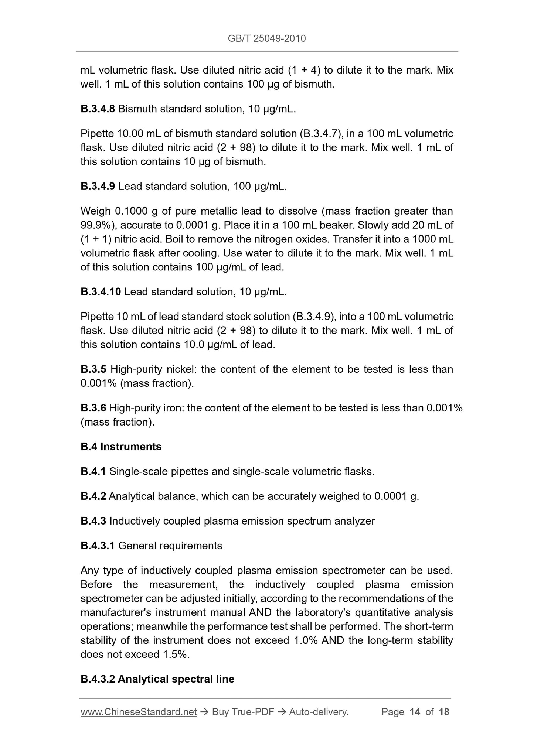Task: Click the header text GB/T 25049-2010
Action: point(267,38)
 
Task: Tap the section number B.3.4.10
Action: point(101,292)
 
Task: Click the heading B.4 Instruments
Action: point(121,447)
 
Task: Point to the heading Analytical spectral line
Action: point(176,679)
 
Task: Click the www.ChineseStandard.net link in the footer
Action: point(139,712)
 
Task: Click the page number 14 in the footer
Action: point(415,712)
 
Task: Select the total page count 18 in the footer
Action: point(444,712)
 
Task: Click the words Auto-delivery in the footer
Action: point(318,712)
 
